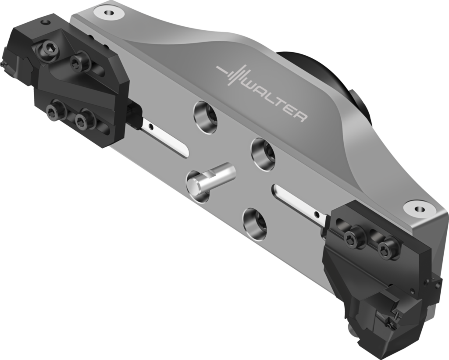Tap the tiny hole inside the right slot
point(317,214)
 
